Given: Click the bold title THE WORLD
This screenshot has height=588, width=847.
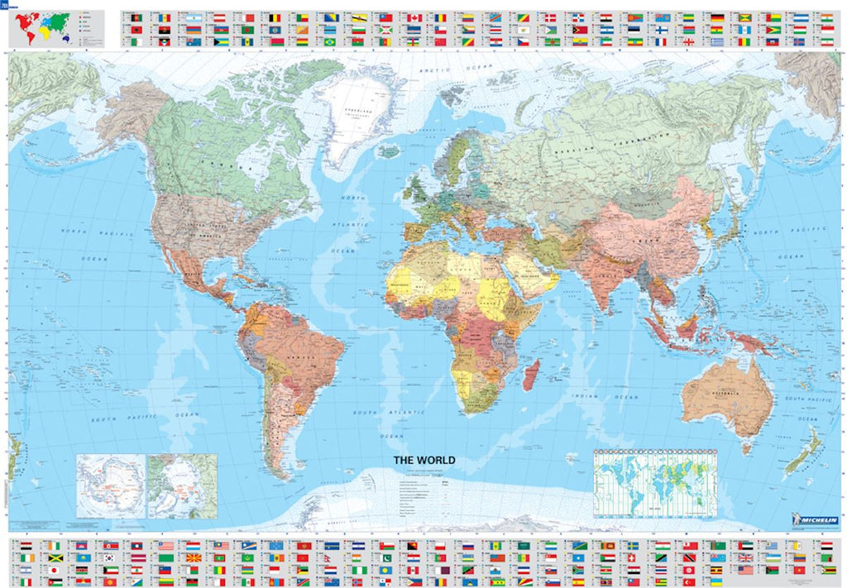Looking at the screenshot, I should point(423,461).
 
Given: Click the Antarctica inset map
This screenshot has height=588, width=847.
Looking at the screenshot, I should point(110,485).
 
